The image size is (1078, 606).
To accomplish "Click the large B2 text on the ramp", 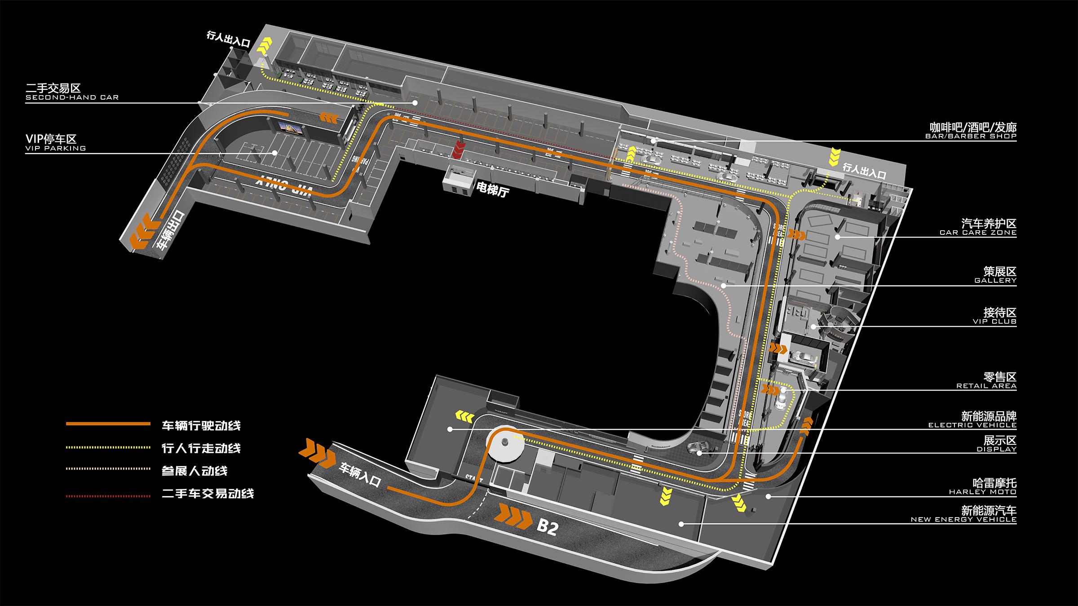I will coord(548,527).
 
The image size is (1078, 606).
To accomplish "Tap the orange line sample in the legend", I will coord(108,423).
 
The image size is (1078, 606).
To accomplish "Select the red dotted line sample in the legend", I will coord(108,496).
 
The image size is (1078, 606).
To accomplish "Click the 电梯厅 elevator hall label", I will coord(493,190).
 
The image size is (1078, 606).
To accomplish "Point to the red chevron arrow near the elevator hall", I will coord(458,149).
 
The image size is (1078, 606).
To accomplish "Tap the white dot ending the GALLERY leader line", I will coord(723,285).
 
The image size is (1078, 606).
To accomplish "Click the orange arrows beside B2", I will coord(513,516).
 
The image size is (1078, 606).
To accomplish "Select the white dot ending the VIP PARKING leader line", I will coord(274,153).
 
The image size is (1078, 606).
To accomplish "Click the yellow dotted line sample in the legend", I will coord(108,447).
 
